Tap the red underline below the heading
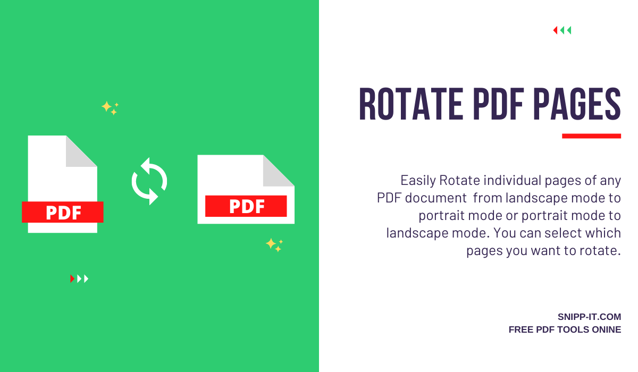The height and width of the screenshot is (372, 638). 591,136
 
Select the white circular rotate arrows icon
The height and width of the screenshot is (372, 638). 149,181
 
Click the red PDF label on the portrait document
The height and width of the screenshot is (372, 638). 63,212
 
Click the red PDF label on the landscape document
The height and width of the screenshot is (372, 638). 246,206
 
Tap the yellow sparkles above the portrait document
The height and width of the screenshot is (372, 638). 110,107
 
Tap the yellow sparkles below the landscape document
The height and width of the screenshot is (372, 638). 274,244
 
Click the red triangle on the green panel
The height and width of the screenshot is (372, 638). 72,278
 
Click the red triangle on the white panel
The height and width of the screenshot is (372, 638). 555,30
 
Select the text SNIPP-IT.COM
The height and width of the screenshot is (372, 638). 589,317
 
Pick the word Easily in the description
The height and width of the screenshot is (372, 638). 418,180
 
